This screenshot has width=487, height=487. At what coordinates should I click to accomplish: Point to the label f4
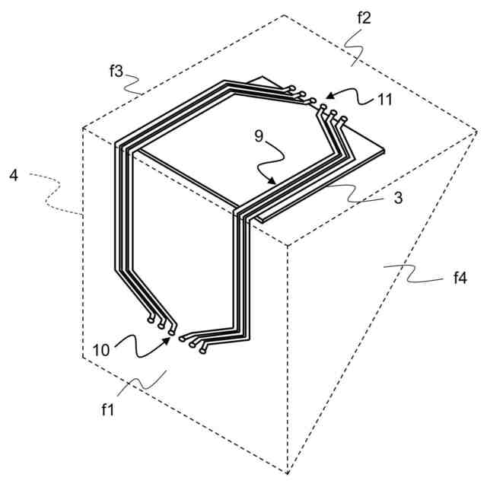460,279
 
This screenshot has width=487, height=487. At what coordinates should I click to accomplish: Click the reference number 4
14,176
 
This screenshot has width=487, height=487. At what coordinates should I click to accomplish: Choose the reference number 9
259,138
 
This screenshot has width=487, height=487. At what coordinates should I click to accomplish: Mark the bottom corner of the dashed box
288,473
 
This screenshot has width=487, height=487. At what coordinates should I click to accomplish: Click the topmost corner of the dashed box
284,15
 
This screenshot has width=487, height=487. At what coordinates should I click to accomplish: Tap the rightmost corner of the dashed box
476,130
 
